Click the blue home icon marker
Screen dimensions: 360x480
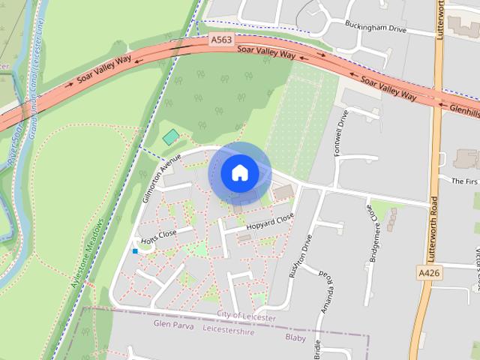239,173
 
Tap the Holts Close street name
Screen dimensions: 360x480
158,237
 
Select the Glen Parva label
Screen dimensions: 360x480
173,326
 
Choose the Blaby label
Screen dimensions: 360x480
295,337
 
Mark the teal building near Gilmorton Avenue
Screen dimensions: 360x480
171,137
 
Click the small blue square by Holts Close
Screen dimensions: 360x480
135,250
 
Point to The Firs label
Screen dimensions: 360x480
464,181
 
